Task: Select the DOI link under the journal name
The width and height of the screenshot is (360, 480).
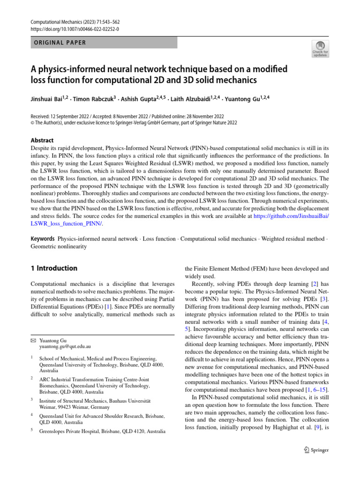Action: [75, 29]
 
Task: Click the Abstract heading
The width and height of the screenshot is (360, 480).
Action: [42, 140]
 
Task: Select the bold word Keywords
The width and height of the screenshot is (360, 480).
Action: [43, 239]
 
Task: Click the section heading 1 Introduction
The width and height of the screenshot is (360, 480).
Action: [54, 269]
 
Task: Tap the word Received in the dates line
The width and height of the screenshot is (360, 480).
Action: [41, 116]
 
